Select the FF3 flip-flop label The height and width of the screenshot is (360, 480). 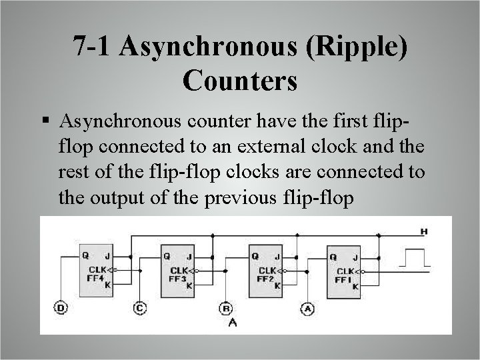pyautogui.click(x=177, y=279)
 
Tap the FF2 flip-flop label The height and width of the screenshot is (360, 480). pyautogui.click(x=263, y=279)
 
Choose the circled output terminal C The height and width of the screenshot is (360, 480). pyautogui.click(x=139, y=307)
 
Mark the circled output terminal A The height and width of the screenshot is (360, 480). pyautogui.click(x=307, y=307)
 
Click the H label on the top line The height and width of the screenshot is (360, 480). pyautogui.click(x=423, y=232)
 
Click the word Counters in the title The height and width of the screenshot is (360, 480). pyautogui.click(x=239, y=81)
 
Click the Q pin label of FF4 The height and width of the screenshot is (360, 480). pyautogui.click(x=83, y=255)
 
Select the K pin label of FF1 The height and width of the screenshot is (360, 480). pyautogui.click(x=355, y=286)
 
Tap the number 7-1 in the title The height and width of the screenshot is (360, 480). pyautogui.click(x=92, y=49)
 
